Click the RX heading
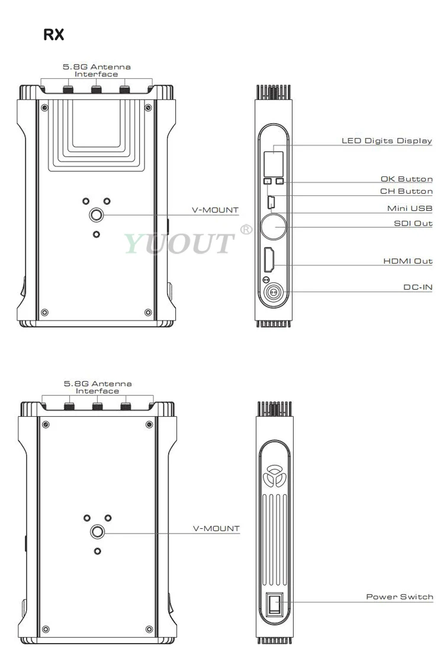click(54, 34)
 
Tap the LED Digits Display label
click(387, 140)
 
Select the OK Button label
click(407, 179)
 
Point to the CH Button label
click(406, 191)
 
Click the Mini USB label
click(410, 208)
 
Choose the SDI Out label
click(413, 223)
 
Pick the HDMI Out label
click(408, 261)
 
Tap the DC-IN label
click(418, 287)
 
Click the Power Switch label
click(399, 596)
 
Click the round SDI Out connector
click(274, 227)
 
